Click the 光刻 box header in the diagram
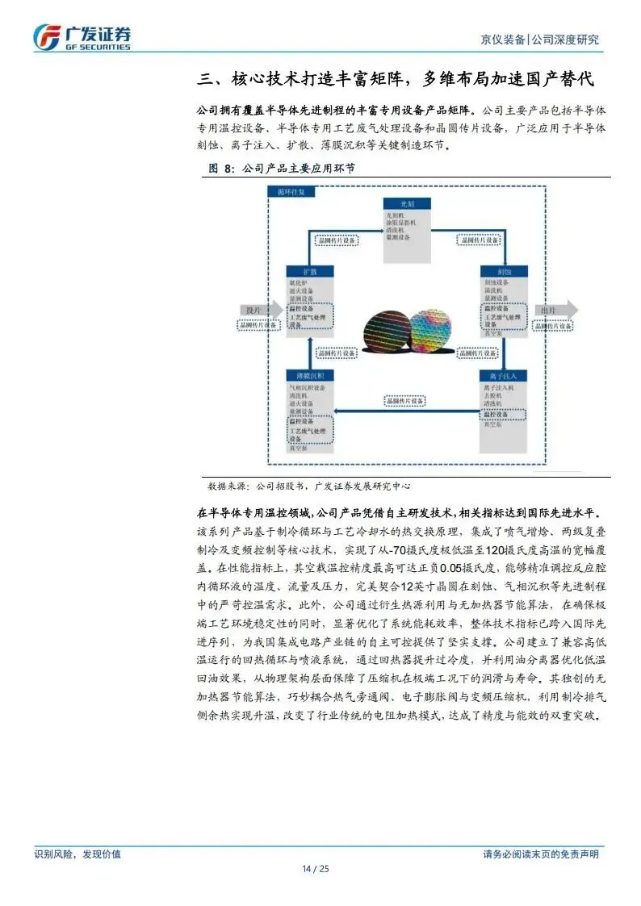pyautogui.click(x=411, y=202)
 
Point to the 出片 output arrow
pyautogui.click(x=557, y=309)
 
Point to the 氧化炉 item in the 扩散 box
pyautogui.click(x=300, y=283)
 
